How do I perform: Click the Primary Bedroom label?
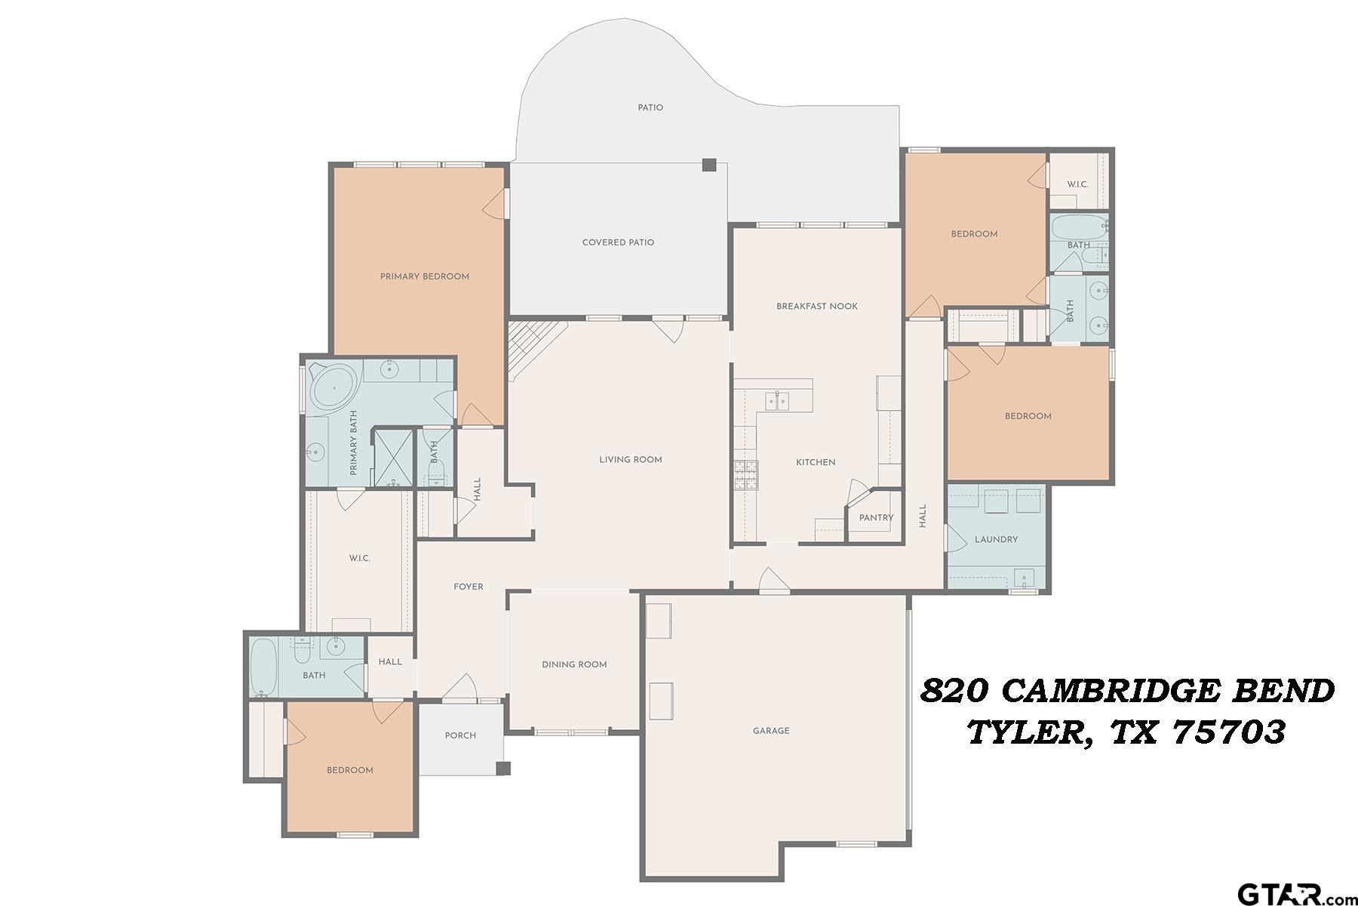[424, 276]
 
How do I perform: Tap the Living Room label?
[630, 460]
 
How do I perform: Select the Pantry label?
[876, 518]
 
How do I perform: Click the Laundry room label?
[996, 540]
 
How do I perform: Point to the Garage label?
[770, 731]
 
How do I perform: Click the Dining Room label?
[574, 665]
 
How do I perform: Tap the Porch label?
[460, 735]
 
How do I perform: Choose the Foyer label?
[468, 587]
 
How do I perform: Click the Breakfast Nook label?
[817, 307]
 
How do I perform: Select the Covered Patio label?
[618, 242]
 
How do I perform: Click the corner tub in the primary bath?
[333, 387]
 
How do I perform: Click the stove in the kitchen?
[745, 476]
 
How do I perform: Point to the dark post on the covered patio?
[708, 165]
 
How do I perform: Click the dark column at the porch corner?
[503, 769]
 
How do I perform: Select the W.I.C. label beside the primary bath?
[359, 559]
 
